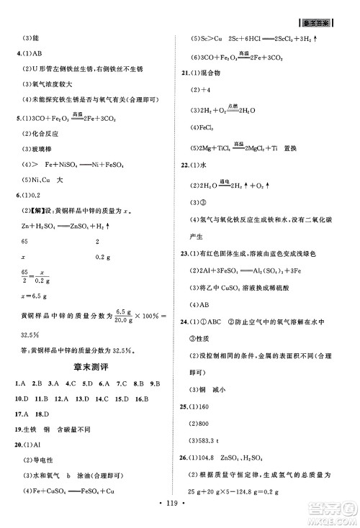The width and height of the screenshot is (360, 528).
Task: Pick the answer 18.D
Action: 42,414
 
